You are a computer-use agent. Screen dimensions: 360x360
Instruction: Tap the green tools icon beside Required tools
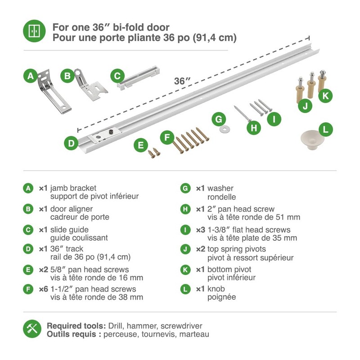tap(32, 329)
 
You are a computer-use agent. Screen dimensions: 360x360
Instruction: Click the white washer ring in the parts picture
tap(222, 130)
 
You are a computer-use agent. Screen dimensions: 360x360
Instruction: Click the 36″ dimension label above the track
tap(182, 81)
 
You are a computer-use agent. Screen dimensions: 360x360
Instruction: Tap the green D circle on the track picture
tap(71, 144)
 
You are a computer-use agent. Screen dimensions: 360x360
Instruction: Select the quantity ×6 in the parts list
tap(43, 289)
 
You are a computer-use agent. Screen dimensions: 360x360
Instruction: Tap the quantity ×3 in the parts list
tap(200, 230)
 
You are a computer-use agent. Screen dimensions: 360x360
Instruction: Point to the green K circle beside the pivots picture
tap(326, 95)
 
